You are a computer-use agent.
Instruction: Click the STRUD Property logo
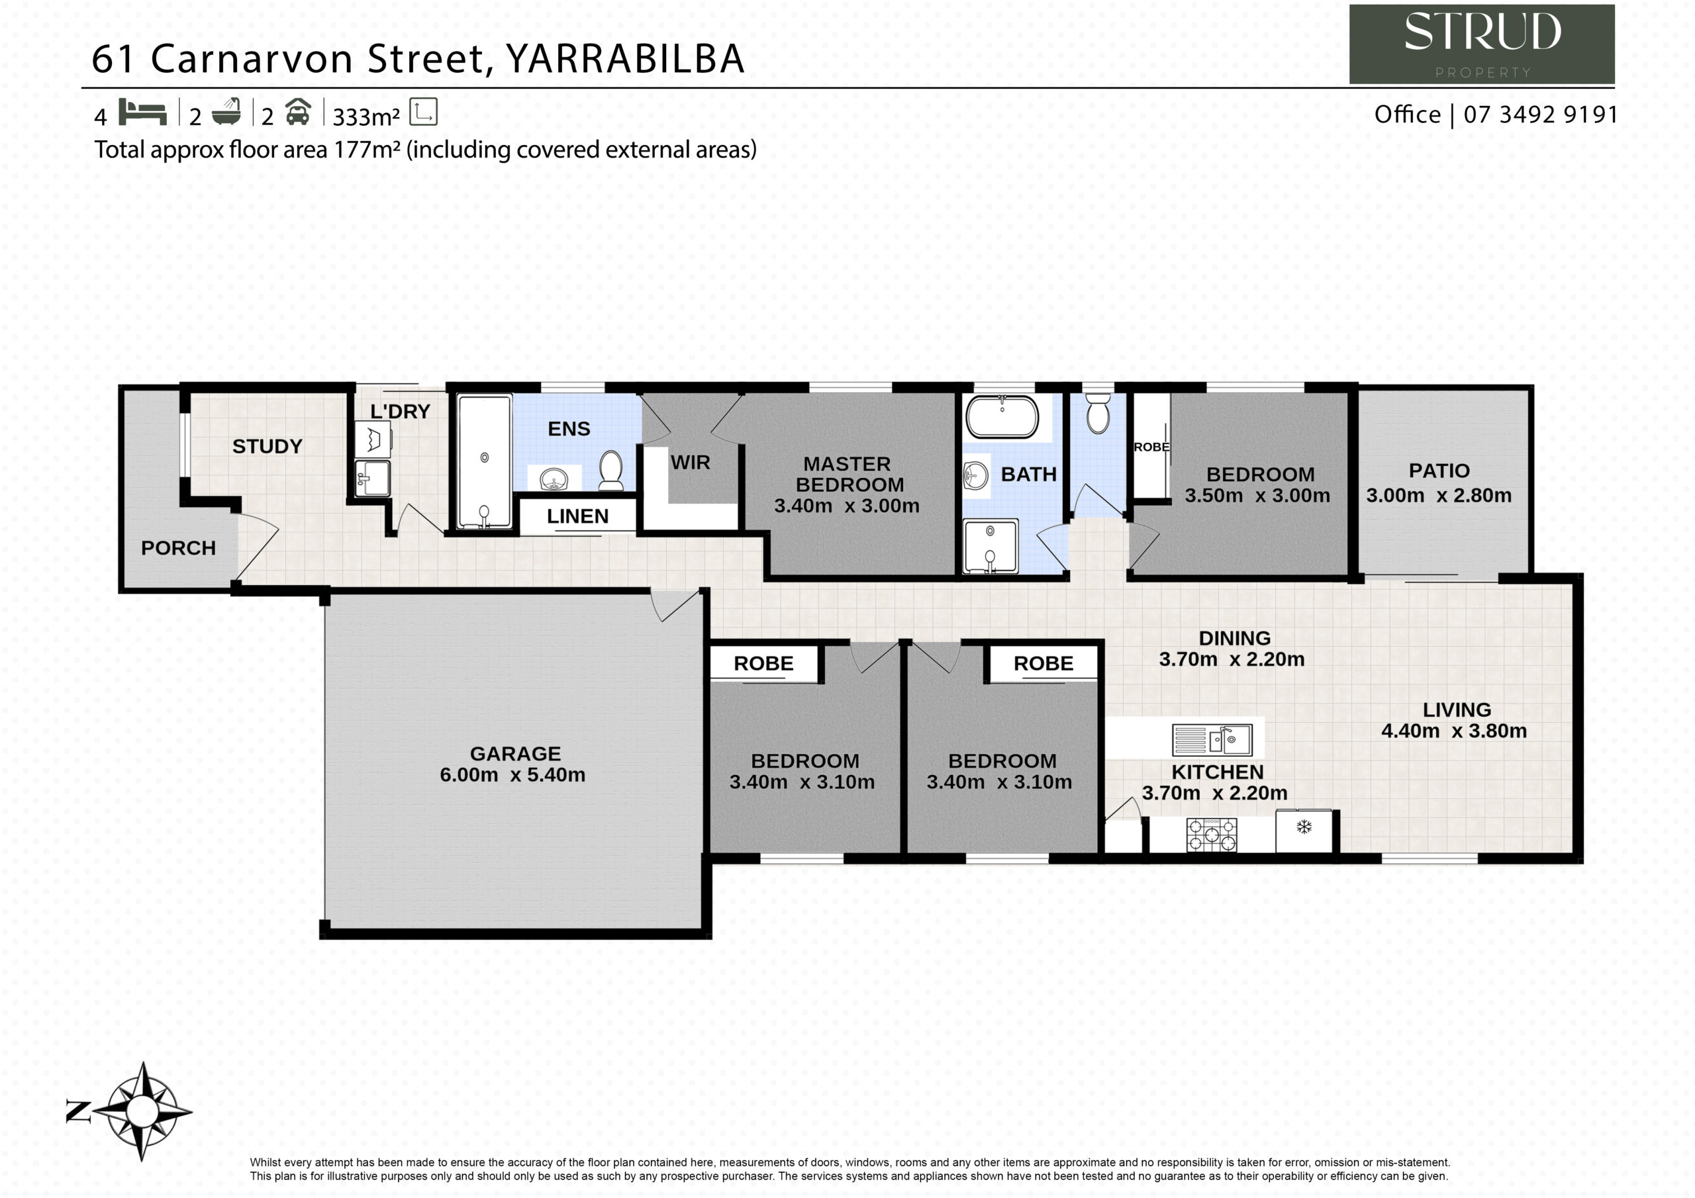point(1482,44)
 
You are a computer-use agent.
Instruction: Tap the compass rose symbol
point(143,1111)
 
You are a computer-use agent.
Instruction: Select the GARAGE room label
point(515,754)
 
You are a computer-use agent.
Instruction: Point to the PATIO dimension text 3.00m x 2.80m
point(1439,495)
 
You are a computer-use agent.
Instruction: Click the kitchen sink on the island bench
point(1213,739)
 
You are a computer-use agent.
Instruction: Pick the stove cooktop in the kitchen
point(1212,835)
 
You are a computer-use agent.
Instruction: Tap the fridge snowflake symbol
point(1304,827)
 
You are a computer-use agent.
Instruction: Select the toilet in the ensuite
point(610,469)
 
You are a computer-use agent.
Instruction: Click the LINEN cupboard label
point(578,516)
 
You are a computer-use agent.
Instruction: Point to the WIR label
point(691,462)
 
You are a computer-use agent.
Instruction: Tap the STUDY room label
point(267,446)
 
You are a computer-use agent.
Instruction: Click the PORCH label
point(178,547)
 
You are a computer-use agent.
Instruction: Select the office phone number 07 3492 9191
point(1540,115)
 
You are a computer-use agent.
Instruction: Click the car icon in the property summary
point(297,113)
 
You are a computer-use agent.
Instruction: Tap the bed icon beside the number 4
point(142,113)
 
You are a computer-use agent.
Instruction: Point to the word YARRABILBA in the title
point(624,59)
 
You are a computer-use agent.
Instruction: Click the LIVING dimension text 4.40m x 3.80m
point(1453,731)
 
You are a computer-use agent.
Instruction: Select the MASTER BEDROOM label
point(848,474)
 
